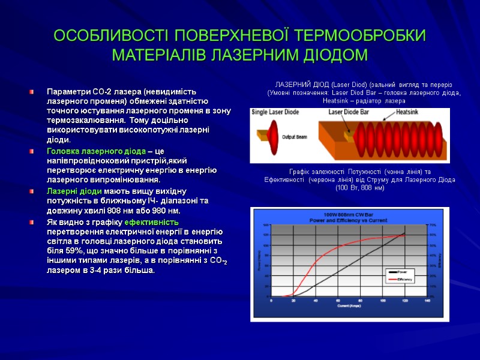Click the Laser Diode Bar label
(349, 112)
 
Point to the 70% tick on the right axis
(432, 224)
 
